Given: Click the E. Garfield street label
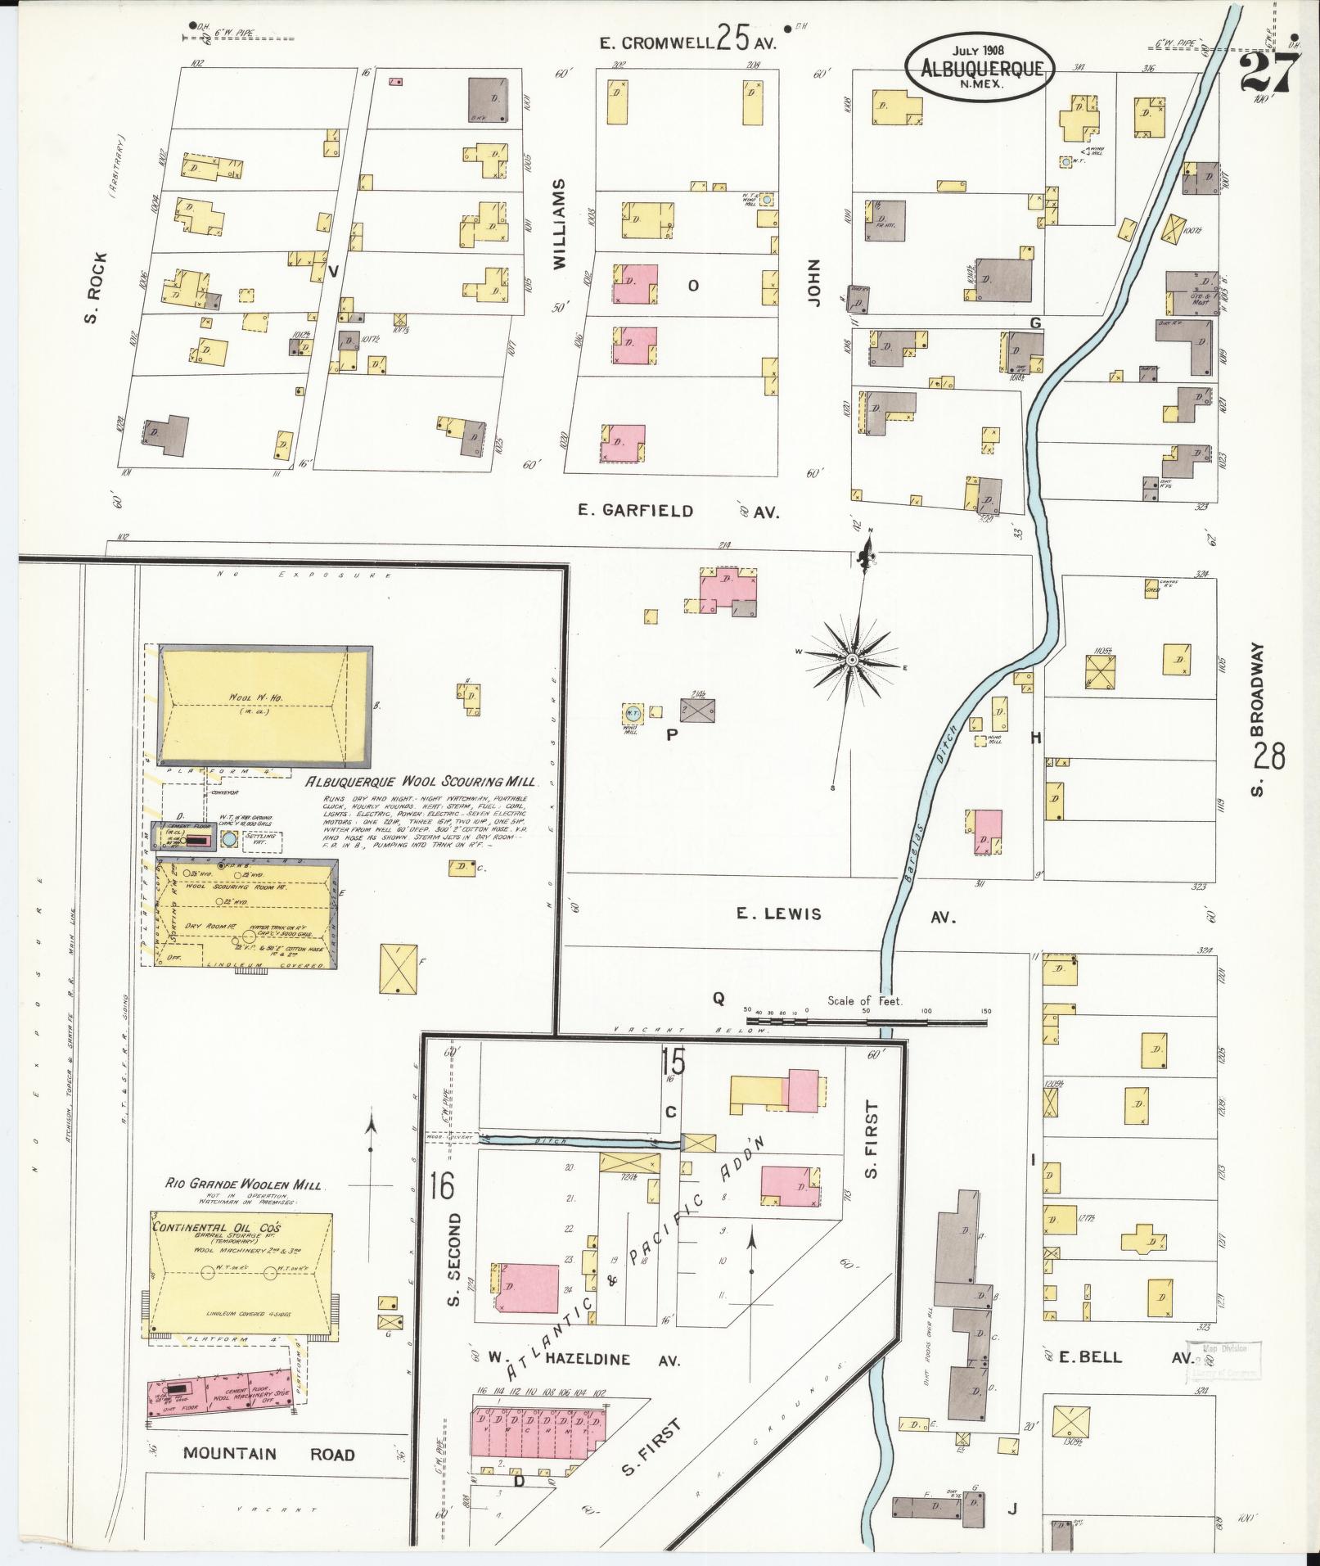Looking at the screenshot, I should click(x=635, y=511).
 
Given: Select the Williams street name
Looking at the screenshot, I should click(x=559, y=225).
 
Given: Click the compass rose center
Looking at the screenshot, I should click(x=851, y=658).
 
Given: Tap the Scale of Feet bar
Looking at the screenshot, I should click(x=867, y=1022).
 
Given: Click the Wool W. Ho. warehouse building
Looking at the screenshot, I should click(x=264, y=705).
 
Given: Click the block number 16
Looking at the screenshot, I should click(x=441, y=1185).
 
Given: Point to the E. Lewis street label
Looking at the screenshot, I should click(x=778, y=914).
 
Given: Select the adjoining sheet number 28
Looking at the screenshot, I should click(x=1268, y=755).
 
